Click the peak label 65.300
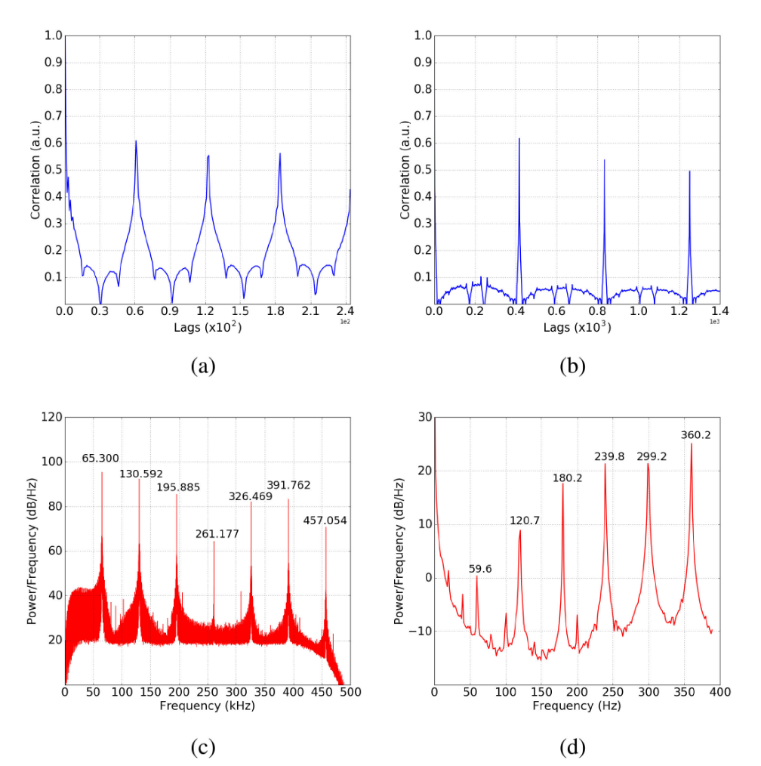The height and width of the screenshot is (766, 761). pos(100,459)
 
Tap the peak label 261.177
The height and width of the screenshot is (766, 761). pos(217,534)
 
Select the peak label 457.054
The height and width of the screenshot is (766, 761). pos(325,520)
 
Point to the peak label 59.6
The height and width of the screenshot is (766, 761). pos(480,569)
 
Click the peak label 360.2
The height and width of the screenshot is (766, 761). pos(695,435)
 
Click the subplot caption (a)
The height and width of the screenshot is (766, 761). pos(204,366)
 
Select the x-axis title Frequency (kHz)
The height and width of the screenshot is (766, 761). pos(207,706)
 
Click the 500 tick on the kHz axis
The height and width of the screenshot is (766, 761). pos(350,691)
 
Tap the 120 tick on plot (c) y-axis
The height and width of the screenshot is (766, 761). pos(51,417)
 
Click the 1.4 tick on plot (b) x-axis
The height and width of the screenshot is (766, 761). pos(719,310)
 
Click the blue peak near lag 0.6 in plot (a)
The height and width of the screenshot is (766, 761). pos(136,141)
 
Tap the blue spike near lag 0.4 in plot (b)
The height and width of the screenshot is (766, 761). pos(519,138)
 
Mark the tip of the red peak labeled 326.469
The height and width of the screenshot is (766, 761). pos(251,502)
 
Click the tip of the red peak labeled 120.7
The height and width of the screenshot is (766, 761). pos(520,530)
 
